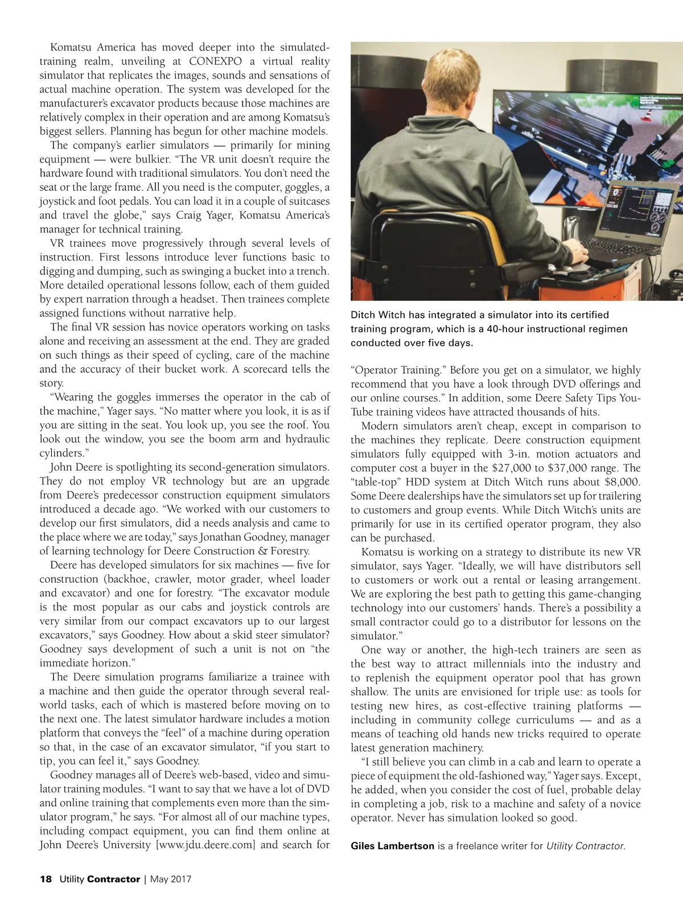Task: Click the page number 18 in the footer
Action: [46, 879]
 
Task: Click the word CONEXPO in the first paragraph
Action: [215, 61]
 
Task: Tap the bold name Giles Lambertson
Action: [392, 845]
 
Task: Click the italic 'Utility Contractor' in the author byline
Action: [585, 845]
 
